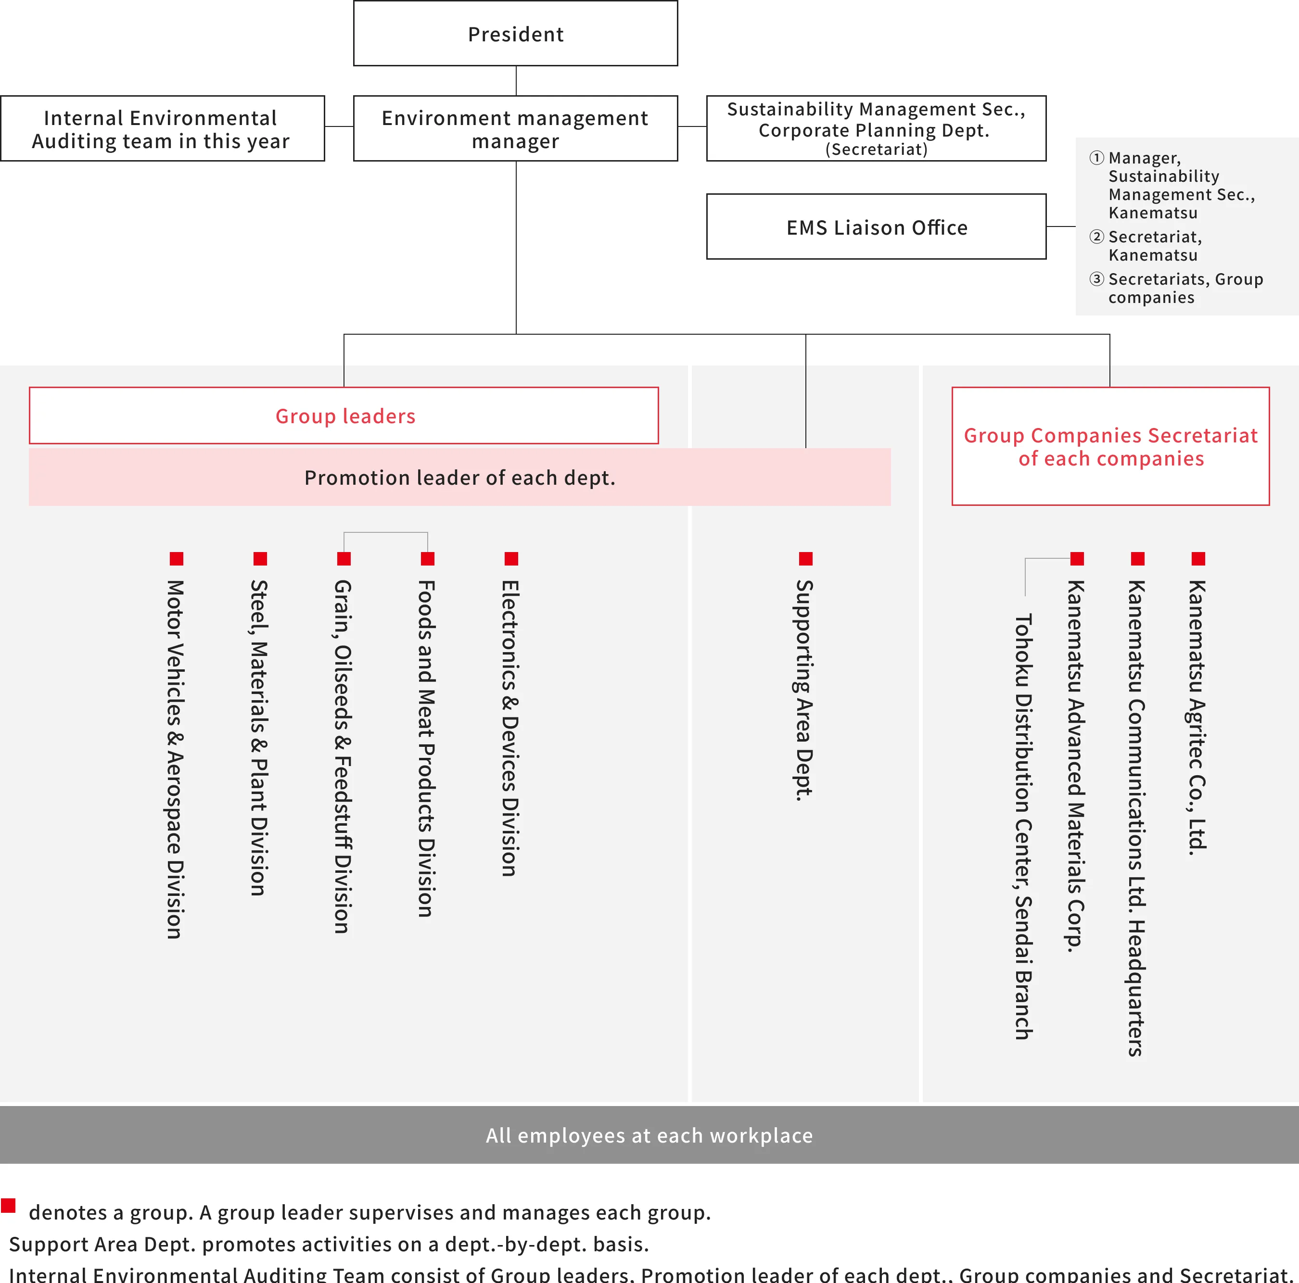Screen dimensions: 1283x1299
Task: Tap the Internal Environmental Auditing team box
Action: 162,128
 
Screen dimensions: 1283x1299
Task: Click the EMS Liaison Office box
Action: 876,227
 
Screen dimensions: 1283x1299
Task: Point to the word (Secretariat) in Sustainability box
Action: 876,149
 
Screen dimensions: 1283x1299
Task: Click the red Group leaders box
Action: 344,415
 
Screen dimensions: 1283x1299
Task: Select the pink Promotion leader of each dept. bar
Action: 459,477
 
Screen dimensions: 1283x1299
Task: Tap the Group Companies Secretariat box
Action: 1110,446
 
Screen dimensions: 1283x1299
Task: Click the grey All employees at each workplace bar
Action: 649,1135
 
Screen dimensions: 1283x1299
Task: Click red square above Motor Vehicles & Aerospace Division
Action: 176,558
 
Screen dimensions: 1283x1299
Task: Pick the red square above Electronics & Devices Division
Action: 511,558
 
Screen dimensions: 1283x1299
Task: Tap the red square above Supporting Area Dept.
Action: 805,558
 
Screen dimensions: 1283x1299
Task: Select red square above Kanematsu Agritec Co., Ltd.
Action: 1198,558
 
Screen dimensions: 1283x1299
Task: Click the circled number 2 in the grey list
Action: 1096,237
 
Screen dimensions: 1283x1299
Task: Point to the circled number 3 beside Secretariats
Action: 1096,279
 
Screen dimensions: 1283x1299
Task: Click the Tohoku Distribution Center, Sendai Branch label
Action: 1023,827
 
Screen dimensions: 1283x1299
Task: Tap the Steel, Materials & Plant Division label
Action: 259,737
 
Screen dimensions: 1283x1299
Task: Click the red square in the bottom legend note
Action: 8,1205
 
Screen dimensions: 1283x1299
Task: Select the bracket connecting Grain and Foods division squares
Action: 385,533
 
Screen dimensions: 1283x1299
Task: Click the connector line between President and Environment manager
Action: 516,81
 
